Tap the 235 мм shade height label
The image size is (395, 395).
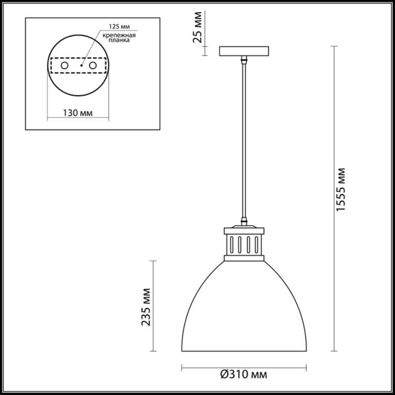click(x=146, y=307)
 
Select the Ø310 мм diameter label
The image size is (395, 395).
click(x=244, y=375)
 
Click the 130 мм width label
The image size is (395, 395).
click(x=78, y=113)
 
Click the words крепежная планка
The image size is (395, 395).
click(x=119, y=38)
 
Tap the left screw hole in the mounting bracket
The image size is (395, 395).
click(x=64, y=65)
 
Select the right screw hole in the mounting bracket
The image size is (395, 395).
click(x=93, y=65)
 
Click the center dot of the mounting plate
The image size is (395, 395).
click(x=81, y=65)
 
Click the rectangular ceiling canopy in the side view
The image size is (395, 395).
click(x=244, y=51)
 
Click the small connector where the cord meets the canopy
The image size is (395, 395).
click(x=244, y=59)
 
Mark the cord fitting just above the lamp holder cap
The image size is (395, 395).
click(x=244, y=221)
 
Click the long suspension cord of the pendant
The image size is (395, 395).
click(x=244, y=139)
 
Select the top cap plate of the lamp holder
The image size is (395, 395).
click(x=244, y=231)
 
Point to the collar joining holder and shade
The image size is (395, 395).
click(x=244, y=258)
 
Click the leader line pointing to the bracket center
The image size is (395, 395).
click(x=90, y=48)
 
